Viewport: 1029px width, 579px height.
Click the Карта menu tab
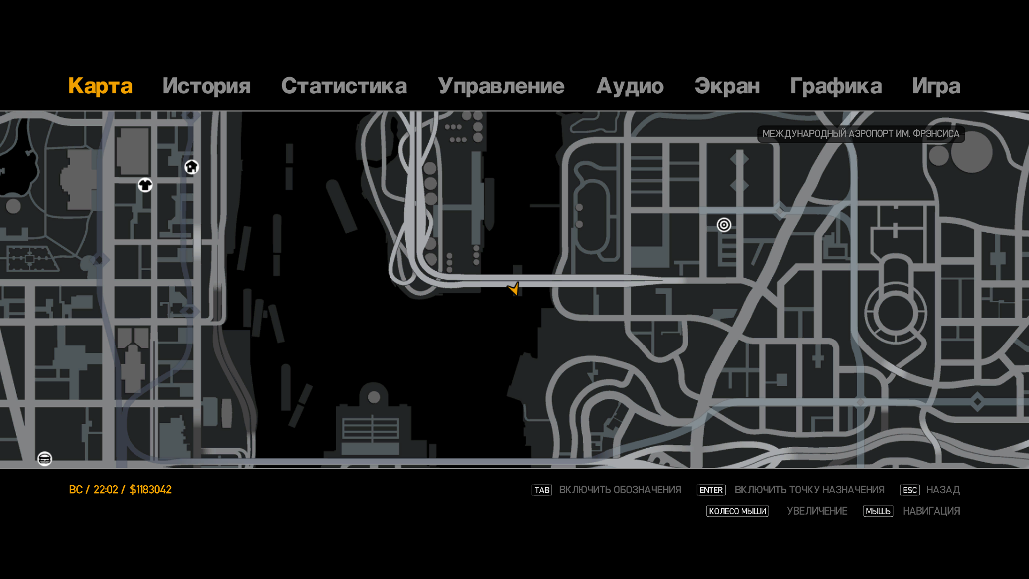[x=100, y=86]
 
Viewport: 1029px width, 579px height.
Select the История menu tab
[x=206, y=86]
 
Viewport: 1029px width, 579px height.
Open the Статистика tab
[x=344, y=86]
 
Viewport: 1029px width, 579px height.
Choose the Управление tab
[x=501, y=86]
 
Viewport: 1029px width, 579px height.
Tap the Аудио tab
[x=630, y=86]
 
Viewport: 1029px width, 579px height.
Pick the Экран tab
[x=727, y=86]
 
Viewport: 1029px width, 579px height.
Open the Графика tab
[x=836, y=86]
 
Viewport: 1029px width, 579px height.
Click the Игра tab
[x=936, y=86]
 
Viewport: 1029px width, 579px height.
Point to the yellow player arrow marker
[x=513, y=288]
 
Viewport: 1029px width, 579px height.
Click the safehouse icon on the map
[x=191, y=167]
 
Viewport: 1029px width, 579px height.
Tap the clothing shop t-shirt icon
[x=145, y=185]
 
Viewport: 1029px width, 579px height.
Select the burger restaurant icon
[x=44, y=459]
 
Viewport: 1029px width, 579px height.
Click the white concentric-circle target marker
[x=724, y=225]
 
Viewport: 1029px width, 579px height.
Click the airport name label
[x=861, y=134]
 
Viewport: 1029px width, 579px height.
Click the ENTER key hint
[x=711, y=490]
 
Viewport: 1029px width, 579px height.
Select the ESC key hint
[x=909, y=490]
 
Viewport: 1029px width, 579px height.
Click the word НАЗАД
[x=943, y=490]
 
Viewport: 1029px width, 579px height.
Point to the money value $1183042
[x=151, y=490]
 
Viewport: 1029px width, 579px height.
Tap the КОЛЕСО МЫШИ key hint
[x=737, y=511]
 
